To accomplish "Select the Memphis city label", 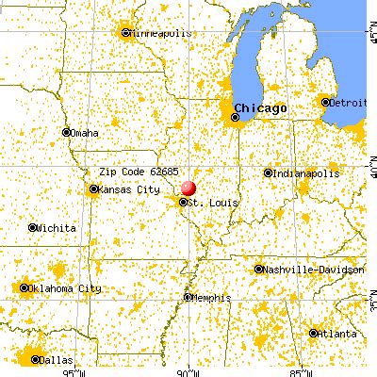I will (212, 298).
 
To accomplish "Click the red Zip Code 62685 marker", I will (188, 188).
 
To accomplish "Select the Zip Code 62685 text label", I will (134, 172).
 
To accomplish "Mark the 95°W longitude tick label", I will (77, 370).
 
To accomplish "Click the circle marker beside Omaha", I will (65, 132).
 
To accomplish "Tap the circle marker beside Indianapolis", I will (269, 172).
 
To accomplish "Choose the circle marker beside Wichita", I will (34, 227).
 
